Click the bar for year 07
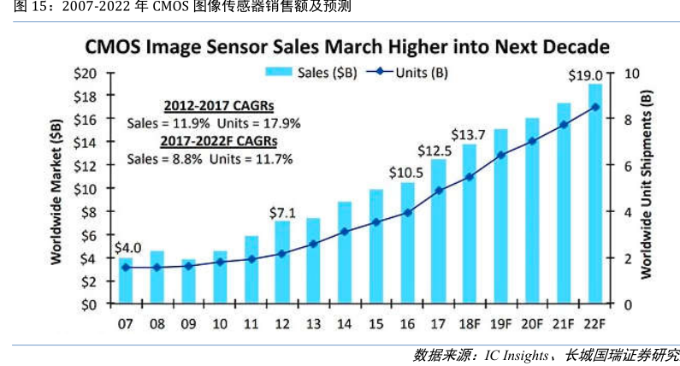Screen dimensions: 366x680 (x=126, y=280)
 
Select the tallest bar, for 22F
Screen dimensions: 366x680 (x=594, y=192)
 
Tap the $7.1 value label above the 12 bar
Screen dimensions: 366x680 (x=282, y=210)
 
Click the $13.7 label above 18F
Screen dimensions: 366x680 (x=469, y=134)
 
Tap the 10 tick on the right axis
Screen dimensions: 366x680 (x=631, y=74)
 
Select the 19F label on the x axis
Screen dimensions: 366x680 (x=500, y=324)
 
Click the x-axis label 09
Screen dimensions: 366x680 (x=188, y=324)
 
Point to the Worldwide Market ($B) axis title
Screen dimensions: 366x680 (x=57, y=188)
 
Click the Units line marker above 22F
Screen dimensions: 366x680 (x=594, y=107)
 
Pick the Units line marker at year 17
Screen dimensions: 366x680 (x=439, y=191)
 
